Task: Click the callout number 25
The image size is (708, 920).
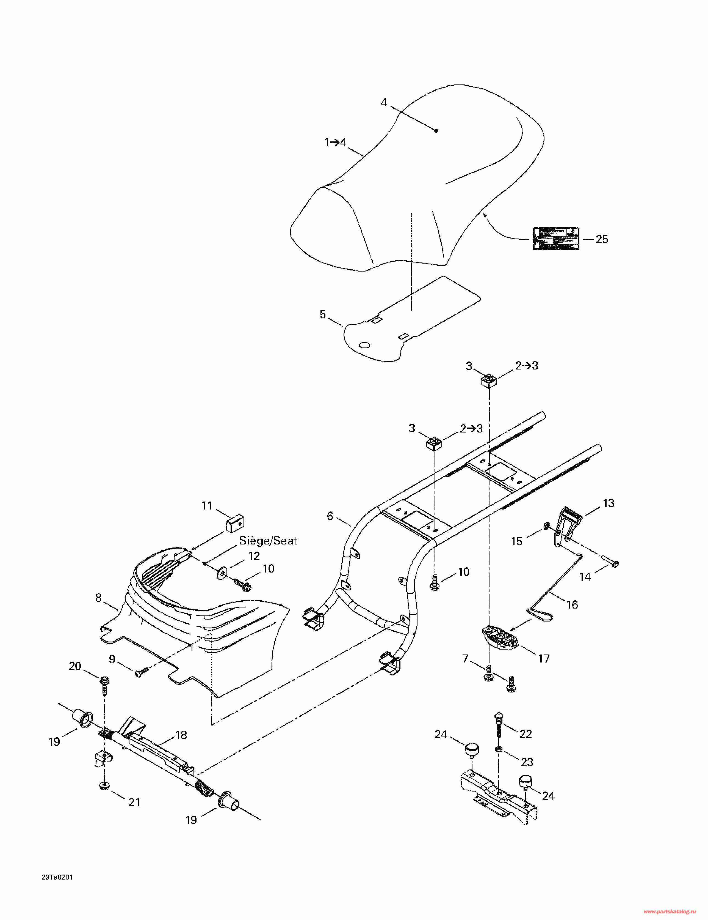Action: point(602,239)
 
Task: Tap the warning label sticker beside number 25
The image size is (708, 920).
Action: point(556,239)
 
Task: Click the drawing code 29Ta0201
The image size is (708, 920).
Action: point(57,877)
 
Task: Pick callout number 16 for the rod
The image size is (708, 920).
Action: point(572,604)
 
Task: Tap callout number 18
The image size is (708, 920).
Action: point(181,735)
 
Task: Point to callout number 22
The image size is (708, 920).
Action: point(526,733)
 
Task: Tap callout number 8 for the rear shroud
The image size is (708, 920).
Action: point(98,597)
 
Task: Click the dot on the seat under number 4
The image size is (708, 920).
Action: point(436,131)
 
